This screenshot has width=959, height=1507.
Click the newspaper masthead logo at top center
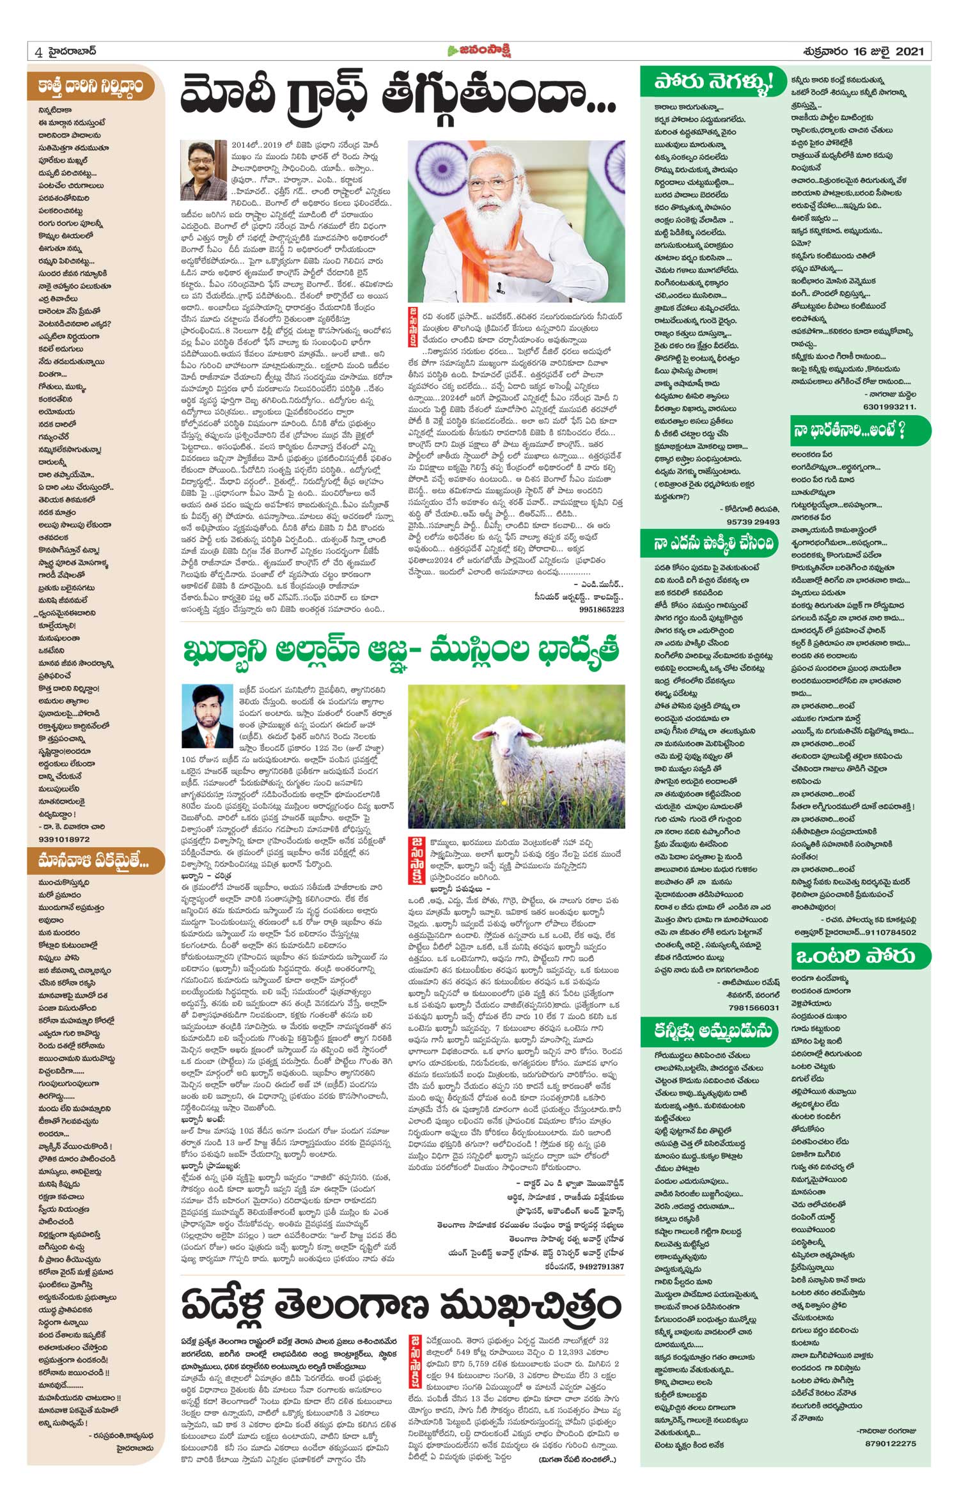pyautogui.click(x=479, y=51)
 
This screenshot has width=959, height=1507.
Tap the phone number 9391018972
pyautogui.click(x=64, y=839)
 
